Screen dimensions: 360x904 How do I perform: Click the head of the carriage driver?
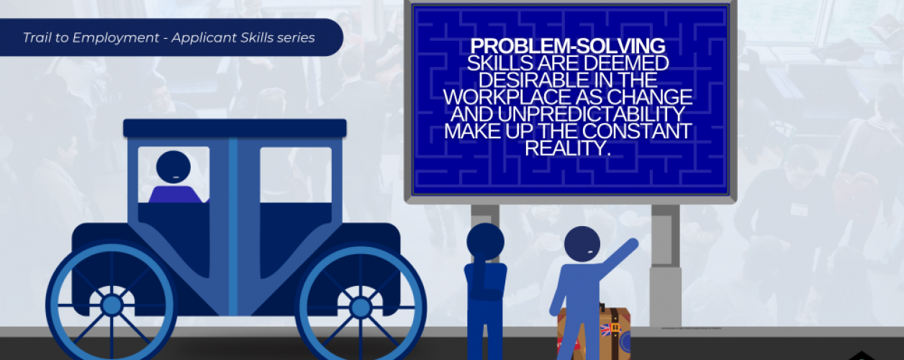point(173,168)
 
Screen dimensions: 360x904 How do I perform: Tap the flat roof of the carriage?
point(235,128)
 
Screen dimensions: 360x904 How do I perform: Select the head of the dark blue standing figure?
point(485,242)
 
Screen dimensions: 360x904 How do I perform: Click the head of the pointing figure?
point(582,246)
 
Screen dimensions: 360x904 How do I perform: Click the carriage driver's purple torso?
point(175,194)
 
